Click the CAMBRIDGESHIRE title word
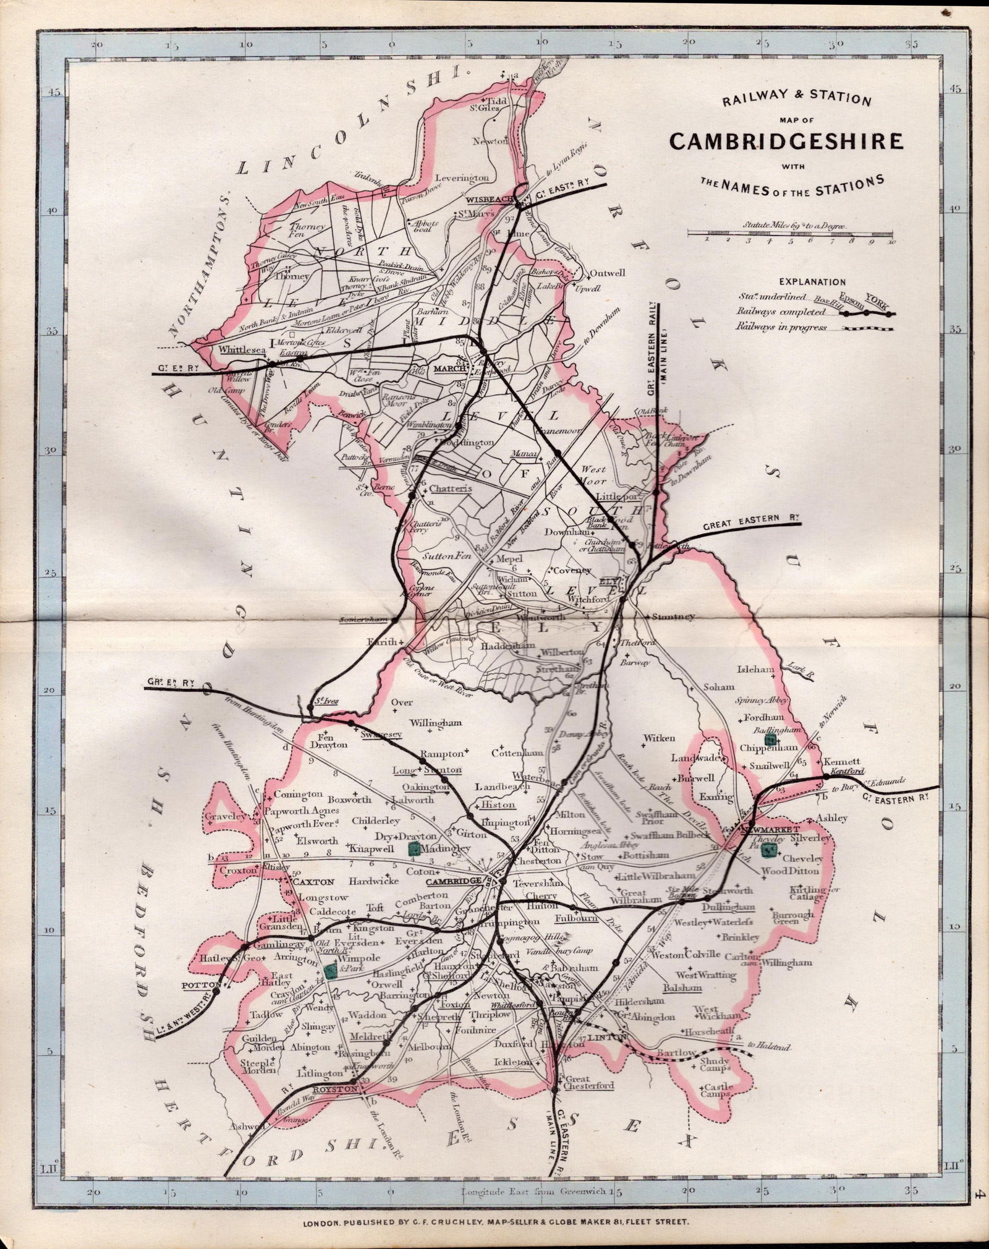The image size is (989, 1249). [x=786, y=141]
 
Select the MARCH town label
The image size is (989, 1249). [x=449, y=369]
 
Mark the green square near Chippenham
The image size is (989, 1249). [x=770, y=739]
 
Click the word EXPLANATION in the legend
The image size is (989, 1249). [x=812, y=282]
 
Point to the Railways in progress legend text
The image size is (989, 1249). [x=781, y=327]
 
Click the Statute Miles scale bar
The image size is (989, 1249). [x=792, y=233]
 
